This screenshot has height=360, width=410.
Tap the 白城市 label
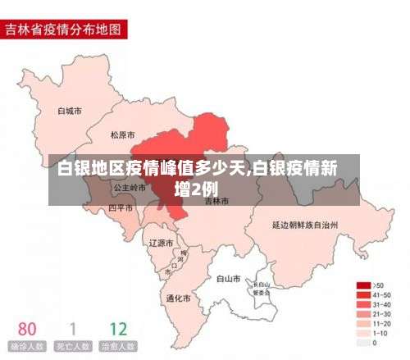(69, 111)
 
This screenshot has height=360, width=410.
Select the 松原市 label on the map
(123, 134)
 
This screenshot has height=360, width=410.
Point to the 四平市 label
(121, 208)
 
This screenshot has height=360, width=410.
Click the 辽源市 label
(162, 244)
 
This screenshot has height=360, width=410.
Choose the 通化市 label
(178, 298)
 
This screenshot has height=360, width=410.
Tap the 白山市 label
(229, 279)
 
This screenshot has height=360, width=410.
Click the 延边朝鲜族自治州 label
(305, 223)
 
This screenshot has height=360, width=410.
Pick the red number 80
(27, 329)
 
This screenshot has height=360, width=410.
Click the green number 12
(117, 329)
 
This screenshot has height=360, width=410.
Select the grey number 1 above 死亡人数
(72, 329)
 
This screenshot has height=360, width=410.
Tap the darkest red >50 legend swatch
(361, 285)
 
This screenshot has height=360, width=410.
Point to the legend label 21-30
(381, 314)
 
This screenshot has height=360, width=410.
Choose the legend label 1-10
(380, 333)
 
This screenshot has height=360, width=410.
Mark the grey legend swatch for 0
(361, 343)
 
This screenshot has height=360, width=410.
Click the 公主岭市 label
(129, 188)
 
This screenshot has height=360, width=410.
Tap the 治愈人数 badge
(117, 346)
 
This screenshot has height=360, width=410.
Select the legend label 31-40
(381, 304)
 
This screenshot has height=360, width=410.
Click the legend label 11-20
(381, 323)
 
